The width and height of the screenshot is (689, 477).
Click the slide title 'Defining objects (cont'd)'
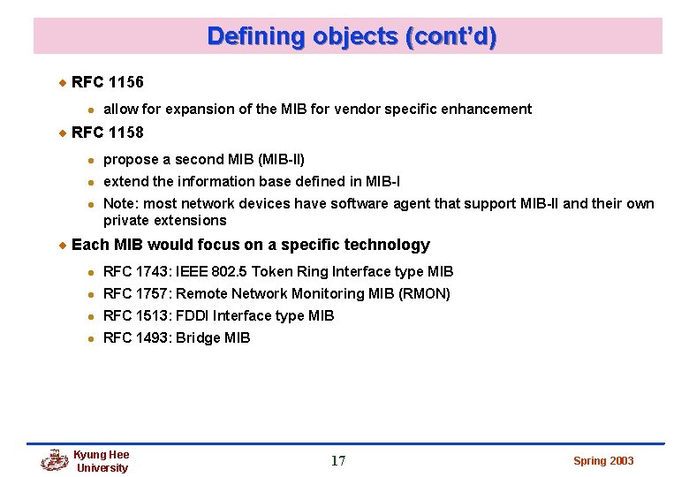point(352,36)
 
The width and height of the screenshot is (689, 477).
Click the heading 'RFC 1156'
point(107,82)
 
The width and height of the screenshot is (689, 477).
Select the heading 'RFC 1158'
point(107,133)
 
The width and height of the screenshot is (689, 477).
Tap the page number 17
point(338,460)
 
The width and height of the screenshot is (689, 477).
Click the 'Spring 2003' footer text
point(603,460)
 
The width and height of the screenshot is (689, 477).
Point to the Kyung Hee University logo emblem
point(55,460)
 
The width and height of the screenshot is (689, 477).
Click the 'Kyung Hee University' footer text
point(102,461)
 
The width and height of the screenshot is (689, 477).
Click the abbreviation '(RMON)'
point(422,293)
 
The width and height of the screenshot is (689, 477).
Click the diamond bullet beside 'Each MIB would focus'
point(62,245)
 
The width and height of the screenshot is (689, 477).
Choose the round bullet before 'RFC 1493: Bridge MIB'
point(91,338)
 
